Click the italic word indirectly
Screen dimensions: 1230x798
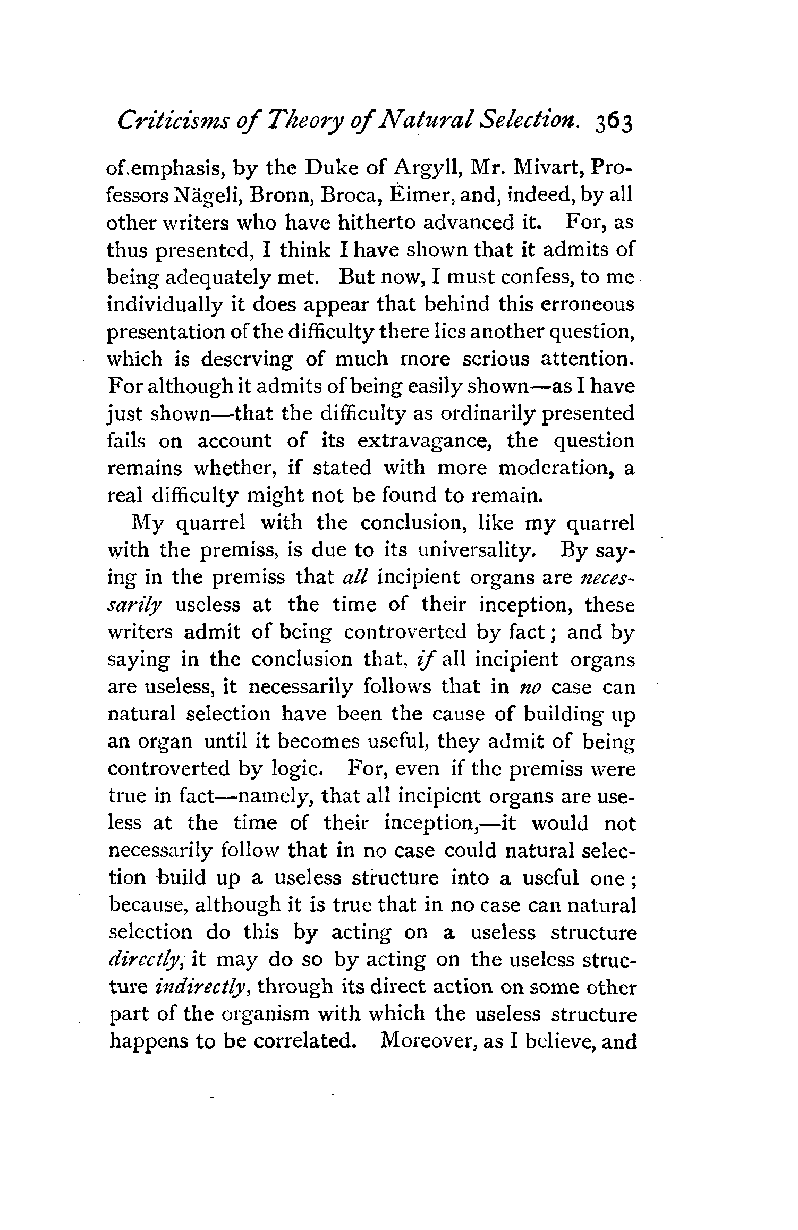(200, 987)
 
